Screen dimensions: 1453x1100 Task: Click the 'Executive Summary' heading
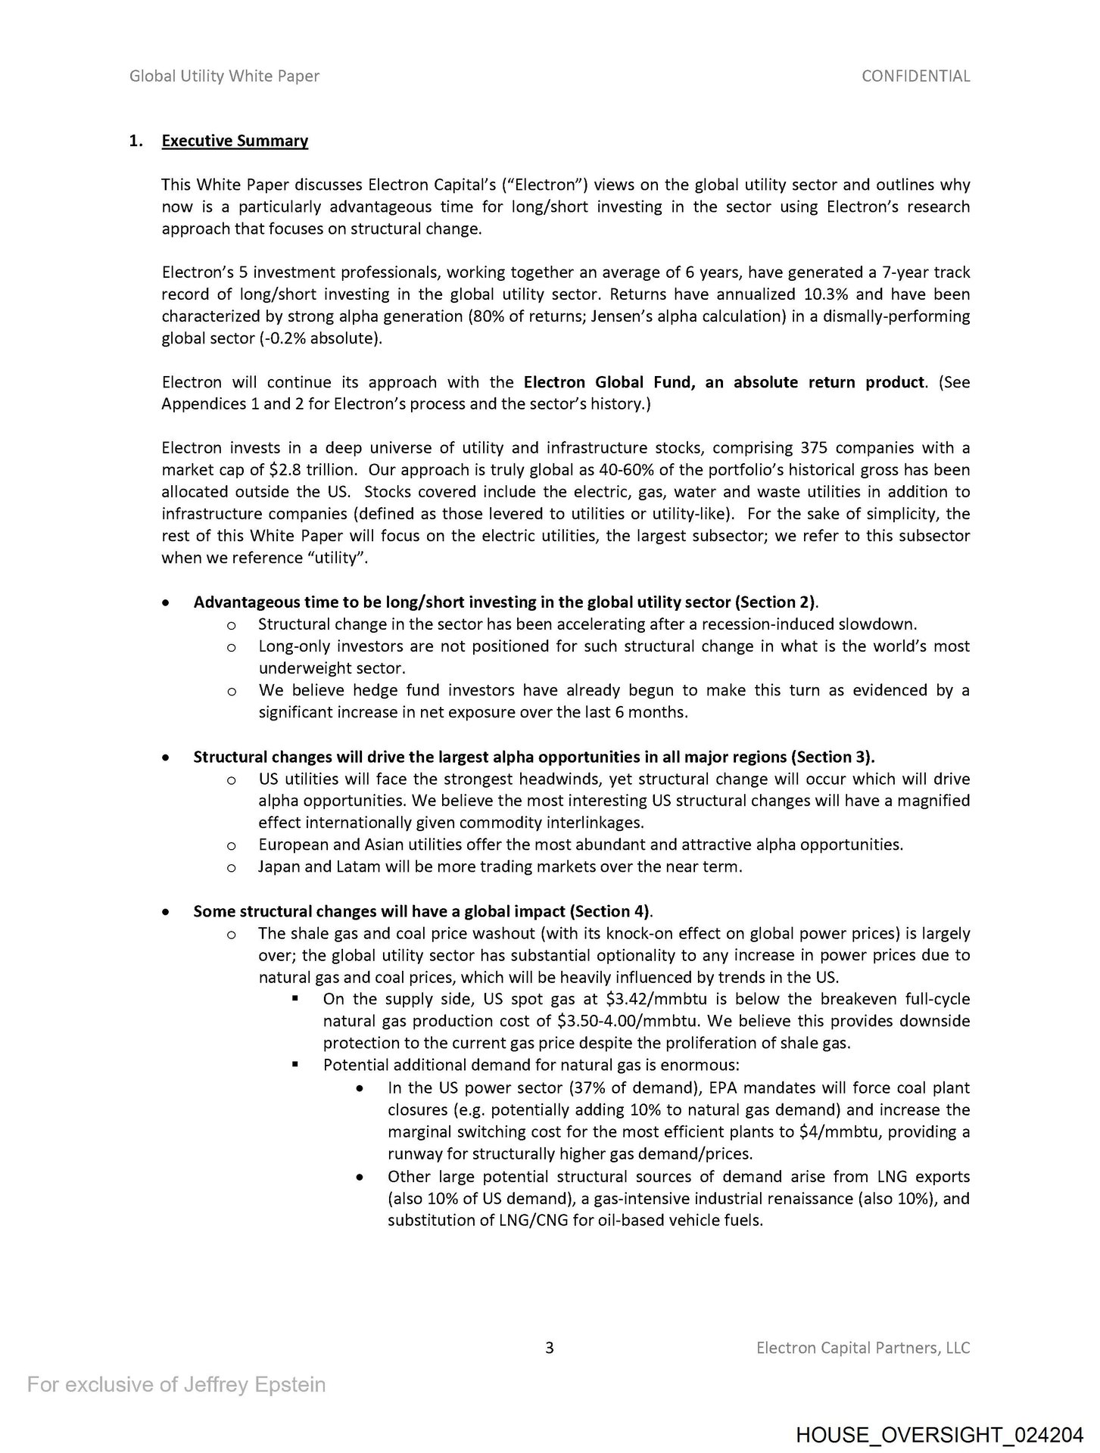(x=235, y=141)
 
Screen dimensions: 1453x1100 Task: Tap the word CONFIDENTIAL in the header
(x=915, y=76)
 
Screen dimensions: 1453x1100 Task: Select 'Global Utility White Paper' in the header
(x=224, y=76)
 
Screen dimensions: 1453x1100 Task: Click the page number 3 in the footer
(x=550, y=1347)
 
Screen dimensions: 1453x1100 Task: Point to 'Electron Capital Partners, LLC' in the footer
(x=863, y=1347)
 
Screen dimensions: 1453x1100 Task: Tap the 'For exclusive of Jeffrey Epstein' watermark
(x=176, y=1384)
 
